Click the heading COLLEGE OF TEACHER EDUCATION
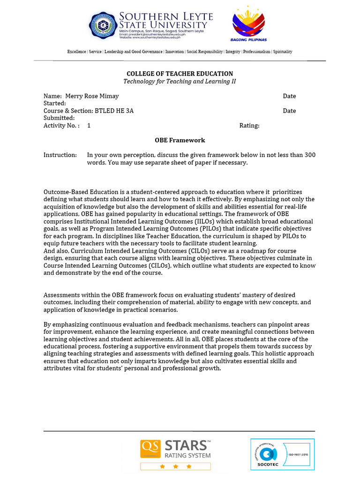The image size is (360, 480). (x=180, y=74)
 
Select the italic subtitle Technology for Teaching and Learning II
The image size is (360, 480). (x=180, y=82)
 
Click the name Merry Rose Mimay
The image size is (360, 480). (x=92, y=96)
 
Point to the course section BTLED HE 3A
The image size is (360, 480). (x=114, y=111)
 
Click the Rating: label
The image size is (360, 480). (x=249, y=126)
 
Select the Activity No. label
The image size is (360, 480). (x=61, y=126)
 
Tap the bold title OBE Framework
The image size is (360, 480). (x=180, y=140)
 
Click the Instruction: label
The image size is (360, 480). (x=60, y=155)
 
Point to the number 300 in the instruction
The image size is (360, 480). (x=310, y=155)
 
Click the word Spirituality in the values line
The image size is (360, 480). (x=283, y=52)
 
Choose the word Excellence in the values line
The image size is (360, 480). (x=77, y=52)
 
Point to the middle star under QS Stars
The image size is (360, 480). (x=176, y=467)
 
